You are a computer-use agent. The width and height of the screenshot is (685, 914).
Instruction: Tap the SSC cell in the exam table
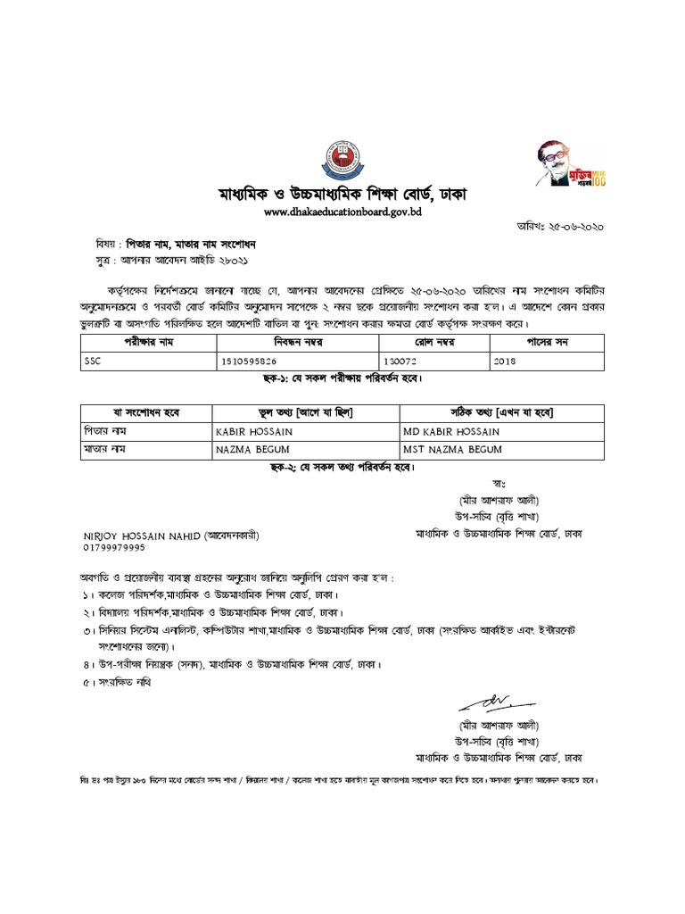click(93, 362)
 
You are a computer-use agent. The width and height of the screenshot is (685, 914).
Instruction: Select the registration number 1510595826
click(247, 362)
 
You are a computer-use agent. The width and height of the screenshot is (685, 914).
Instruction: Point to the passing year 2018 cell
click(507, 362)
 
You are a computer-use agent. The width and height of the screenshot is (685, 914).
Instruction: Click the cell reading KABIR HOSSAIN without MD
click(253, 432)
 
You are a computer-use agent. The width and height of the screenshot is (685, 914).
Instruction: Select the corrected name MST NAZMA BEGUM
click(453, 449)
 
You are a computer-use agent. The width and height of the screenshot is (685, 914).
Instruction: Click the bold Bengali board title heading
click(342, 194)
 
